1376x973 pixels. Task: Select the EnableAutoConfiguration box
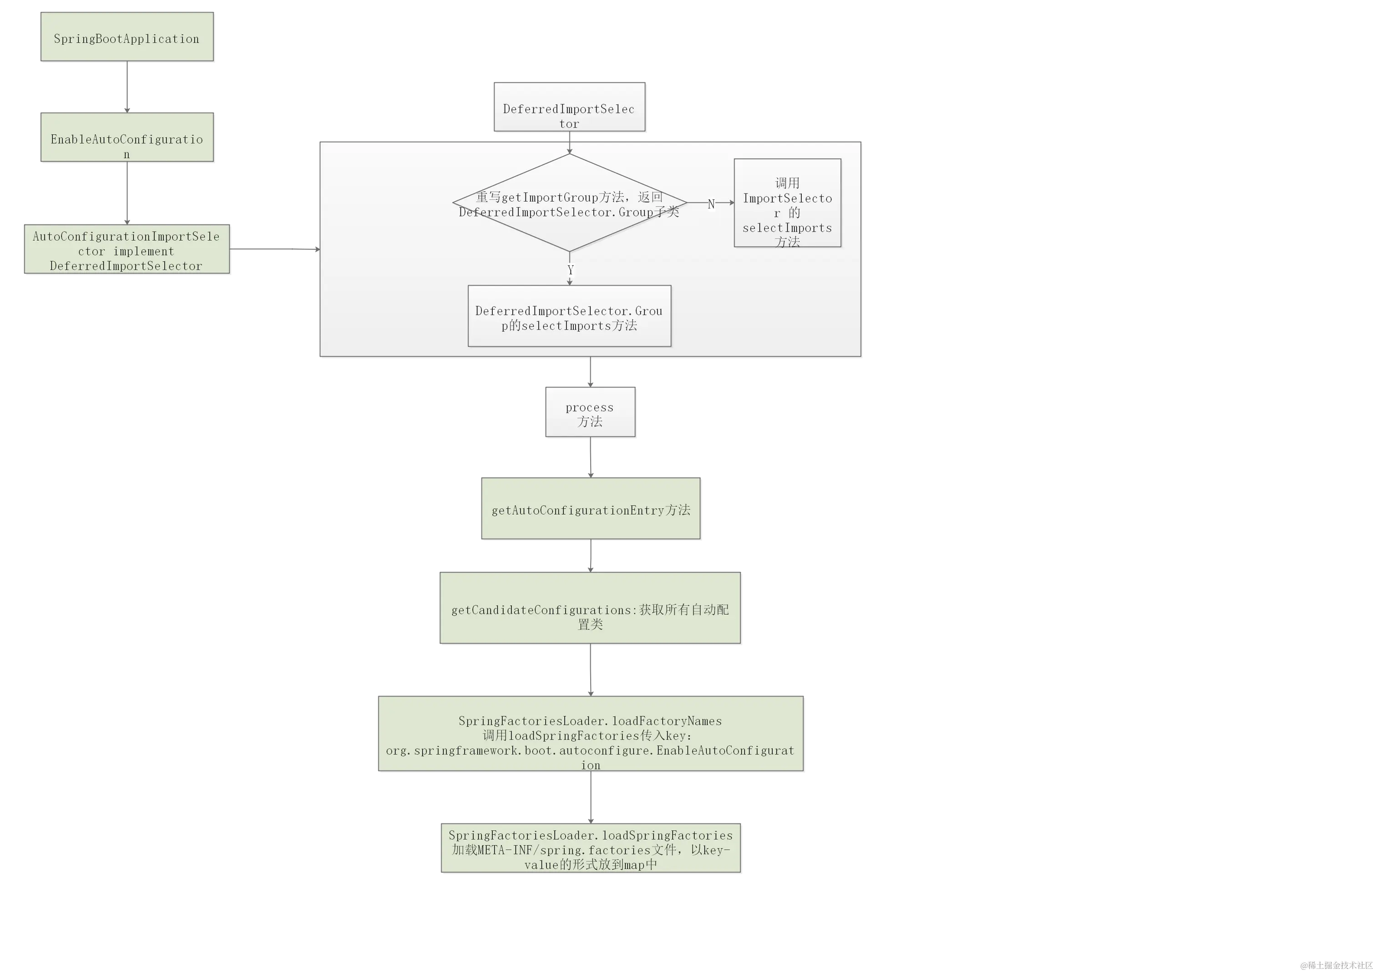(126, 137)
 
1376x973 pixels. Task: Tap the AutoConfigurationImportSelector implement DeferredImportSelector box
(126, 250)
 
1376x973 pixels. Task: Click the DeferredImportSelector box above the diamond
(569, 107)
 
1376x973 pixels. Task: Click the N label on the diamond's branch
(711, 204)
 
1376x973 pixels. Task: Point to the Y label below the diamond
(571, 270)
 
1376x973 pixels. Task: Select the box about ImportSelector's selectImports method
(787, 203)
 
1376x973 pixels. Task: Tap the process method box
(589, 412)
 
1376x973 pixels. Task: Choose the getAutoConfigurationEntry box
(590, 508)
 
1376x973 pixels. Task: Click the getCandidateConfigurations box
(590, 607)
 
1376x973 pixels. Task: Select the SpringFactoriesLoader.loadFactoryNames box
(590, 733)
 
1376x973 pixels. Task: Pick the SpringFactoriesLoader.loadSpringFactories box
(590, 847)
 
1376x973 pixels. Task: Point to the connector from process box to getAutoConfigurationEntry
(590, 457)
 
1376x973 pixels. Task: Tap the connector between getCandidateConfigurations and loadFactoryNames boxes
(590, 669)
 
